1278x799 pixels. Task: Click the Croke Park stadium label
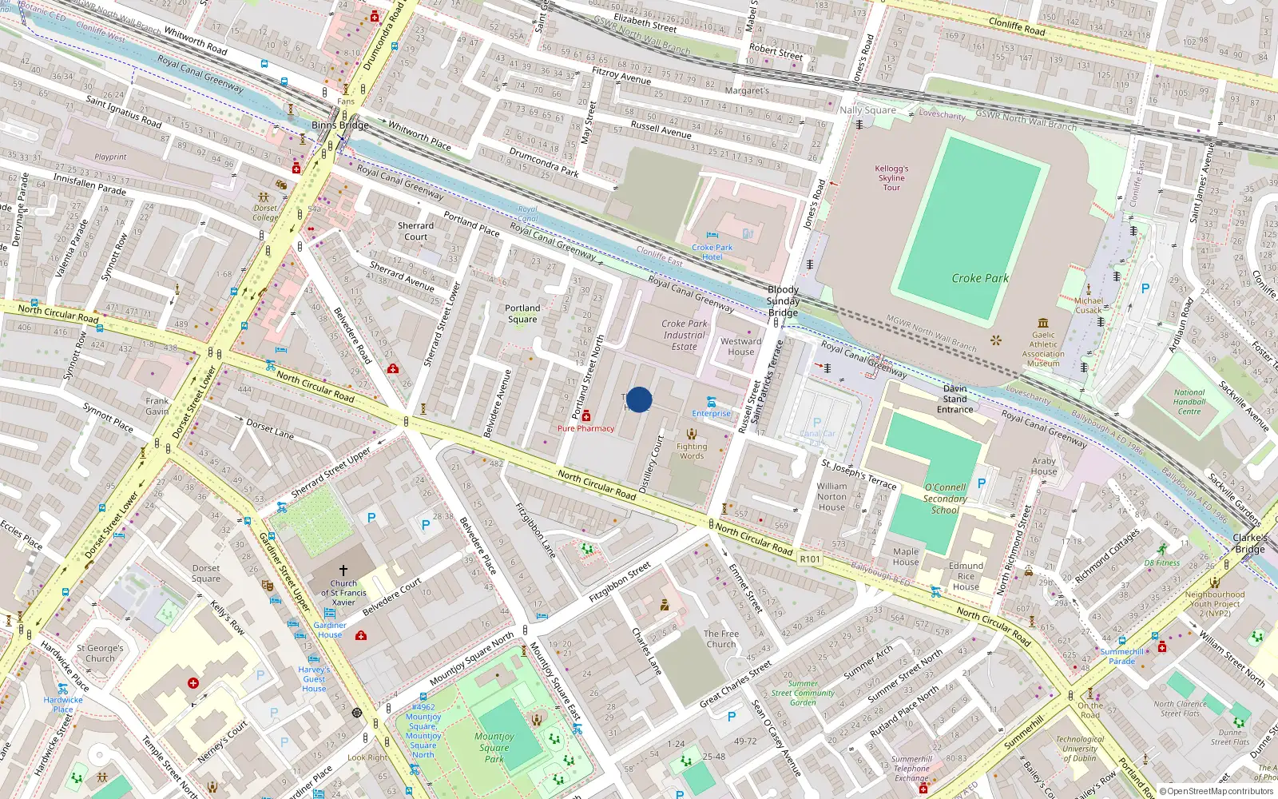pos(980,278)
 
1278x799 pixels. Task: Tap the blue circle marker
pos(639,399)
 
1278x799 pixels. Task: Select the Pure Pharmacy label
pos(585,428)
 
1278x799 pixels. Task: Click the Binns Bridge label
pos(340,125)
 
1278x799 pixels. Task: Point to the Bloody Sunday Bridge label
pos(783,301)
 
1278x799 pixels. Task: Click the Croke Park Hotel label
pos(712,252)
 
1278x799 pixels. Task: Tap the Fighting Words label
pos(692,451)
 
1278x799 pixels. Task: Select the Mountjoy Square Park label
pos(494,748)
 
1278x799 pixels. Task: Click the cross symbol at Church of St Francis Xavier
pos(343,570)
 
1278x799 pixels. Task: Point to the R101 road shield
pos(810,559)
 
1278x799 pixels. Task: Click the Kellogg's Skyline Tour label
pos(891,178)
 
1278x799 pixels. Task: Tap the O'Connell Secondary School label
pos(945,499)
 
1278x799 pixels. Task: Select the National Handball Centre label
pos(1189,402)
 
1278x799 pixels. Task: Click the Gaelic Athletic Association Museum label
pos(1043,349)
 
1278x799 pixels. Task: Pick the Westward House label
pos(740,346)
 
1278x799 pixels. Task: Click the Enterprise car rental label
pos(711,413)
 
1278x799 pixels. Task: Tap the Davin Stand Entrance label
pos(955,399)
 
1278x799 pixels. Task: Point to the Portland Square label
pos(522,313)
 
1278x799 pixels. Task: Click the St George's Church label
pos(100,654)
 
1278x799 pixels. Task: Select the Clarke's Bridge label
pos(1250,543)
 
